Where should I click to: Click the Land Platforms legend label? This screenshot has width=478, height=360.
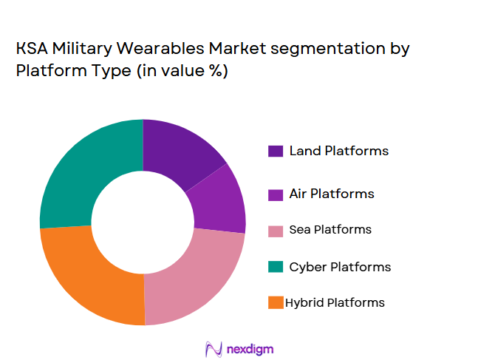pyautogui.click(x=338, y=151)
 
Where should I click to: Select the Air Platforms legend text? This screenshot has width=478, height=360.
pyautogui.click(x=332, y=194)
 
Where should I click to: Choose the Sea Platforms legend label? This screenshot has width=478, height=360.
pyautogui.click(x=330, y=230)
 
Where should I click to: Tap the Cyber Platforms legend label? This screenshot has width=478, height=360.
pyautogui.click(x=340, y=266)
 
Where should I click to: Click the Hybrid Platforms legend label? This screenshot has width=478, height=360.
pyautogui.click(x=335, y=302)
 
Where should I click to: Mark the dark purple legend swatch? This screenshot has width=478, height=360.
pyautogui.click(x=276, y=152)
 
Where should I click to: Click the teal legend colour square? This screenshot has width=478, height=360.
pyautogui.click(x=276, y=266)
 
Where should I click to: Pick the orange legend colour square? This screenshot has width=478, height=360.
pyautogui.click(x=276, y=302)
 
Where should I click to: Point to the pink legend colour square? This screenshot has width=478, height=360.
pyautogui.click(x=276, y=230)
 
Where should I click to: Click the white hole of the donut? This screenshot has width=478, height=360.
pyautogui.click(x=143, y=222)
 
